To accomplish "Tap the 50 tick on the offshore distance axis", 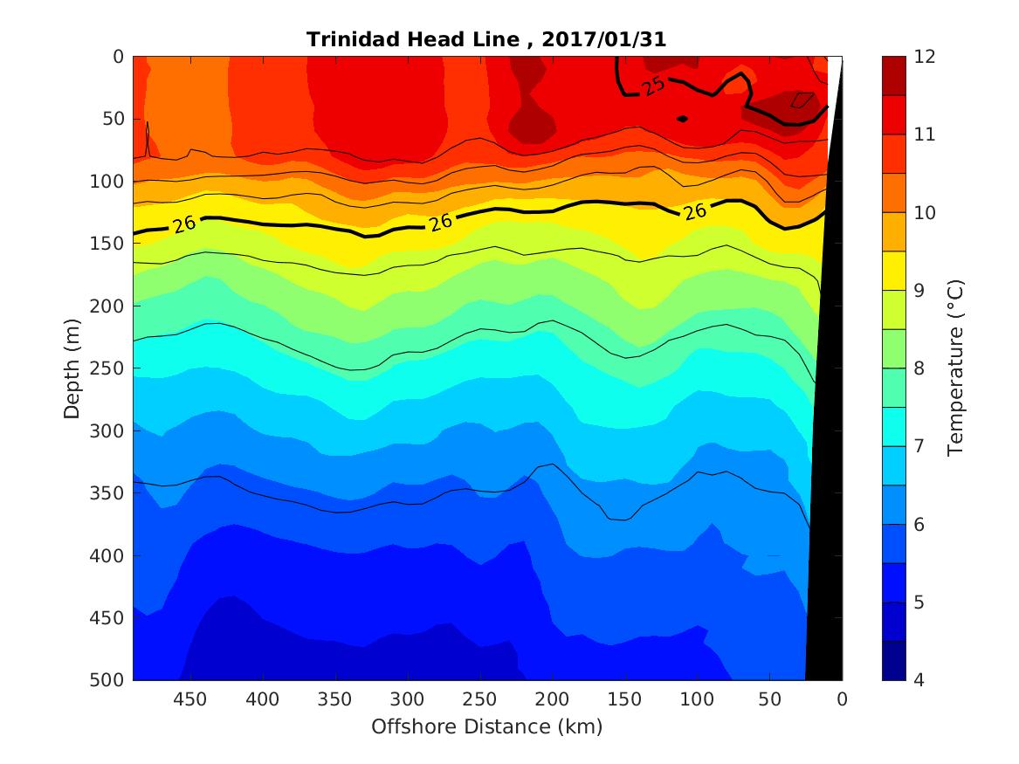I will pos(769,699).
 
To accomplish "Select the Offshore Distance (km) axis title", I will pos(486,726).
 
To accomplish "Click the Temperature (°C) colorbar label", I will pos(955,368).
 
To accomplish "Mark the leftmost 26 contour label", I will pos(184,224).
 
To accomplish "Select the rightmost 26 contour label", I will pos(695,211).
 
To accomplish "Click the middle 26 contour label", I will pos(441,222).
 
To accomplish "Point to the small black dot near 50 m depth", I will pos(683,119).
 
